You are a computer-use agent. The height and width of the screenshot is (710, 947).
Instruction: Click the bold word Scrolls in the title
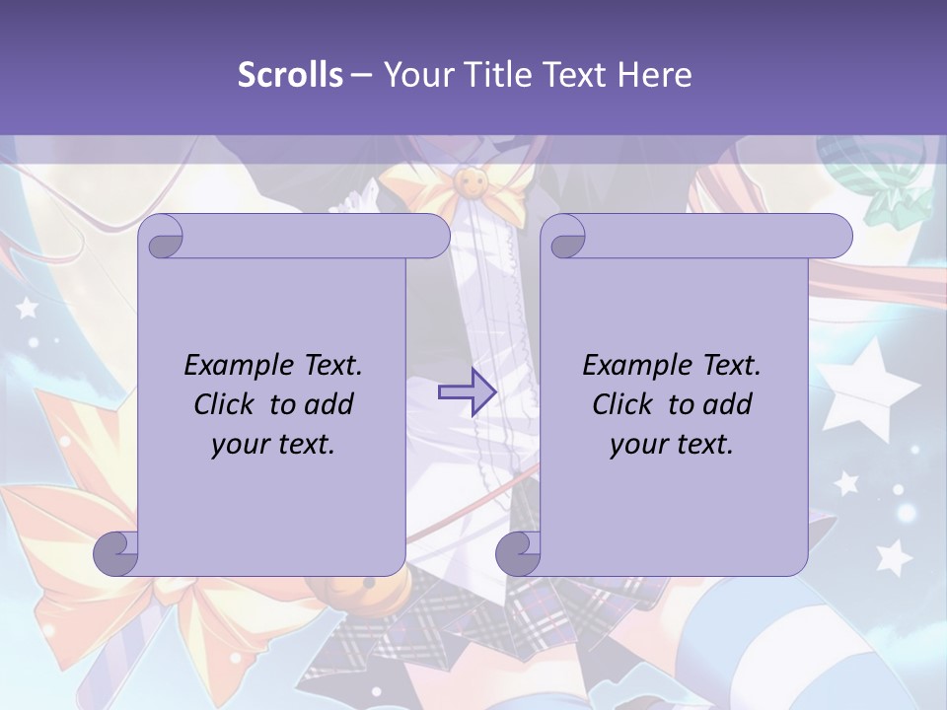pyautogui.click(x=291, y=75)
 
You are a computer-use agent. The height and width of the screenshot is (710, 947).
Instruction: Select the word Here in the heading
pyautogui.click(x=655, y=75)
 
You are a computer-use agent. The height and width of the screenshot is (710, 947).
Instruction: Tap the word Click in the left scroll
pyautogui.click(x=228, y=404)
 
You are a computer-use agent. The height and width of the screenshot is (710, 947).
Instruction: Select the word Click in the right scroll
pyautogui.click(x=626, y=404)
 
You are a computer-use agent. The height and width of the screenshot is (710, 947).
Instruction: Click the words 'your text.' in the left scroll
pyautogui.click(x=273, y=444)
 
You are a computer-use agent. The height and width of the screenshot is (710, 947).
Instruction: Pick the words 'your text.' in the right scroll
pyautogui.click(x=672, y=444)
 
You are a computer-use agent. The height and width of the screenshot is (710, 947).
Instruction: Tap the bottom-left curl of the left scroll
pyautogui.click(x=114, y=553)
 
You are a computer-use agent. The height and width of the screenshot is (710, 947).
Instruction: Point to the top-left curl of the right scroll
pyautogui.click(x=565, y=237)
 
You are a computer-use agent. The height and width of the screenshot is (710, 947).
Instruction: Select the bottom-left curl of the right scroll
pyautogui.click(x=517, y=553)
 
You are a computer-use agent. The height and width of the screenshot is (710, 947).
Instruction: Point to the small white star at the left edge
pyautogui.click(x=27, y=308)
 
